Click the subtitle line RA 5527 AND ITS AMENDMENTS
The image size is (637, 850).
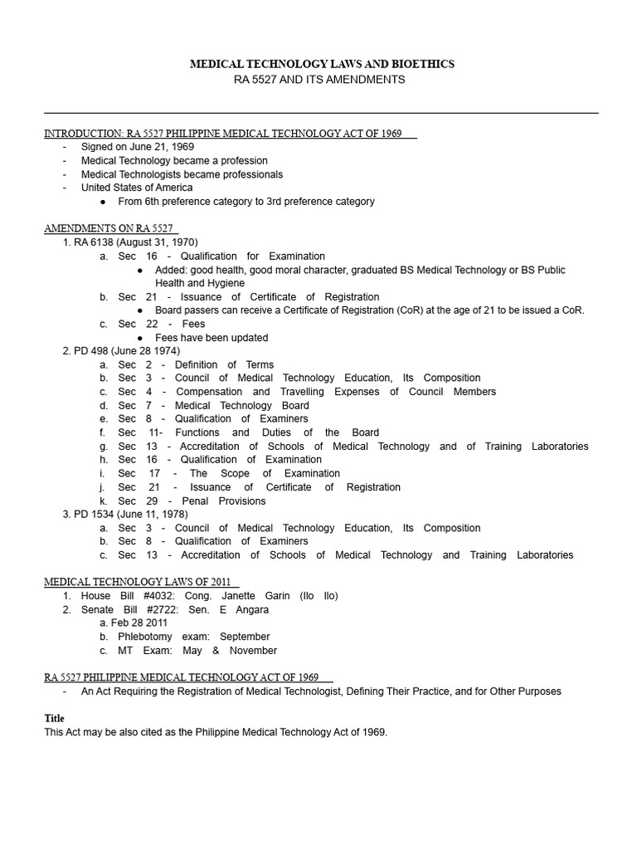click(x=319, y=80)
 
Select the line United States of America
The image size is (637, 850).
click(x=136, y=188)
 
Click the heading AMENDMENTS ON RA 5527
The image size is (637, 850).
click(x=110, y=228)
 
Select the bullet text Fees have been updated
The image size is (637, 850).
click(x=212, y=338)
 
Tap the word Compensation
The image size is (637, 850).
click(x=208, y=392)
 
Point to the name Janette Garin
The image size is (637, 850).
click(x=255, y=596)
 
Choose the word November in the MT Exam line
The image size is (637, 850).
click(x=253, y=651)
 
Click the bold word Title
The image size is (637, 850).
click(x=54, y=718)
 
